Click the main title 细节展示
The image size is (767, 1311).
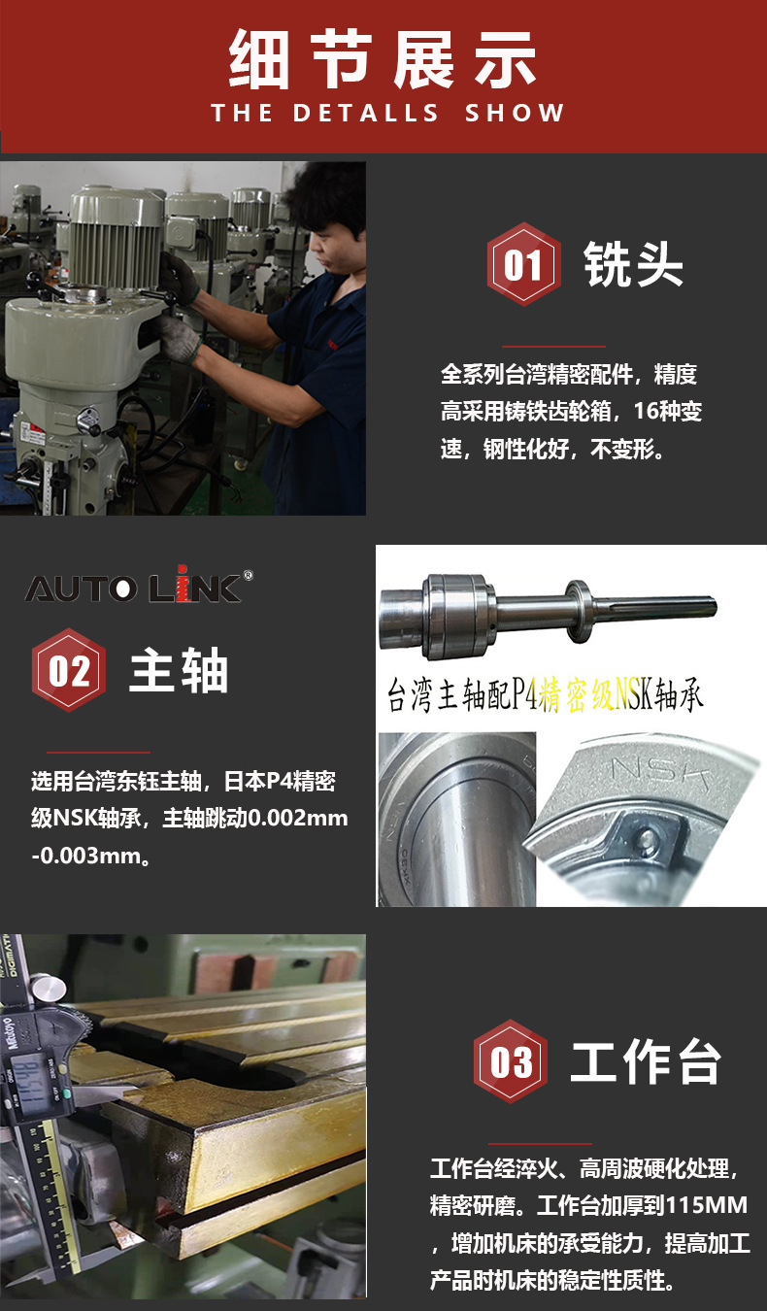[383, 60]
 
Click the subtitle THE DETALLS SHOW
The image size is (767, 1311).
[387, 113]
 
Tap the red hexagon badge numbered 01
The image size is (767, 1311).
[523, 264]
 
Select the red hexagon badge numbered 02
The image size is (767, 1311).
[69, 670]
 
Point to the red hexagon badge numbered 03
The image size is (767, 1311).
[511, 1061]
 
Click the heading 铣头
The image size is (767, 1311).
[633, 264]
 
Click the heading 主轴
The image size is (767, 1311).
[179, 670]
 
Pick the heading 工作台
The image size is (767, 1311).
[645, 1061]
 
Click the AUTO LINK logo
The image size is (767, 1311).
[133, 587]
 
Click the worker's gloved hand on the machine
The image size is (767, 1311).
[180, 336]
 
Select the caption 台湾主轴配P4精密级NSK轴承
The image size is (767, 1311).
[545, 696]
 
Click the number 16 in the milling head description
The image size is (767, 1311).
[648, 411]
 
